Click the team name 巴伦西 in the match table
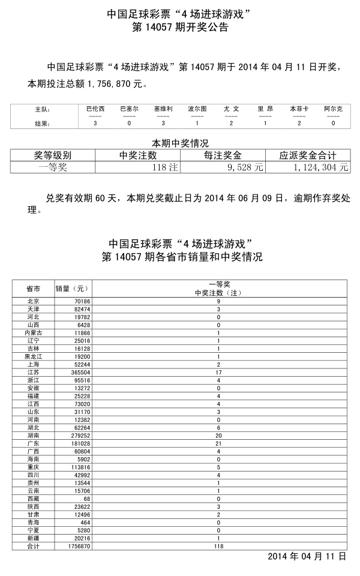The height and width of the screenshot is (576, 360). click(x=95, y=109)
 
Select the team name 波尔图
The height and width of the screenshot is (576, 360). click(x=197, y=109)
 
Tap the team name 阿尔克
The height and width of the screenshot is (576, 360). click(x=334, y=109)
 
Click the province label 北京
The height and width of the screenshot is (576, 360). click(x=34, y=301)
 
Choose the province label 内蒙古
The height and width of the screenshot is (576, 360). click(x=34, y=332)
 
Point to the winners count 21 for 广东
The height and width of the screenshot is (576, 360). click(x=219, y=443)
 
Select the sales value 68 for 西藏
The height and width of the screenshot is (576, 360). click(x=85, y=499)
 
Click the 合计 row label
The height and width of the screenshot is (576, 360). click(x=34, y=547)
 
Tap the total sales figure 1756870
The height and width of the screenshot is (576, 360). click(x=76, y=547)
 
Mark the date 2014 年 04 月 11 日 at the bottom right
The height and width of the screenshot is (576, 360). click(x=307, y=557)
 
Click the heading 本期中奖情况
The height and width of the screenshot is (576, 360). click(x=179, y=143)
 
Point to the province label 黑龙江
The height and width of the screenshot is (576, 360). click(x=34, y=356)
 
